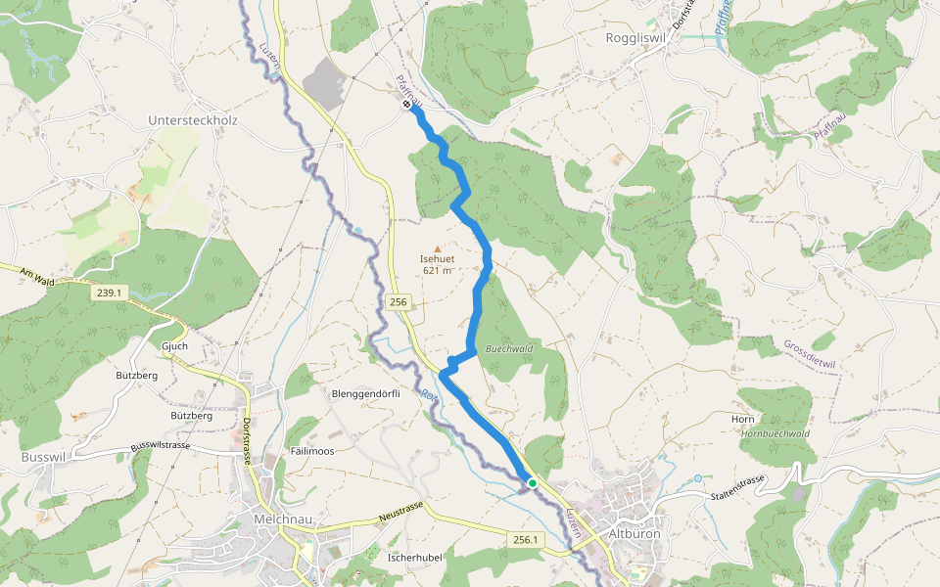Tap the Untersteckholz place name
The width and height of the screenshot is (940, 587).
click(x=193, y=120)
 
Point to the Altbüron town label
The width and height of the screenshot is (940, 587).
click(x=635, y=535)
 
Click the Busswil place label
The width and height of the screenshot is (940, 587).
click(x=43, y=457)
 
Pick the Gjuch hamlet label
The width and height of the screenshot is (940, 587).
click(x=173, y=346)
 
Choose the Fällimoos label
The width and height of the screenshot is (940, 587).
click(x=312, y=451)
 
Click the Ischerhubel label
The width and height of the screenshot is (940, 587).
click(x=416, y=557)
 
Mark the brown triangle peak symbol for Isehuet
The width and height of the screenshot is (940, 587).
click(x=437, y=248)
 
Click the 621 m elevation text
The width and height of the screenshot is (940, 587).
click(x=437, y=271)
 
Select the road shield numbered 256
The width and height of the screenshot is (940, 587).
click(x=397, y=302)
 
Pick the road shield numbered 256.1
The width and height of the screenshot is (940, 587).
click(x=526, y=540)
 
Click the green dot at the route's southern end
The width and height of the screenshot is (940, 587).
click(x=533, y=482)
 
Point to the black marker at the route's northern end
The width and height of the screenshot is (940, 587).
click(x=407, y=104)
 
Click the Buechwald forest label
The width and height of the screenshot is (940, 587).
click(x=508, y=348)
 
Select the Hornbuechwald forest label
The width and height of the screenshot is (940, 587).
click(x=775, y=433)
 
